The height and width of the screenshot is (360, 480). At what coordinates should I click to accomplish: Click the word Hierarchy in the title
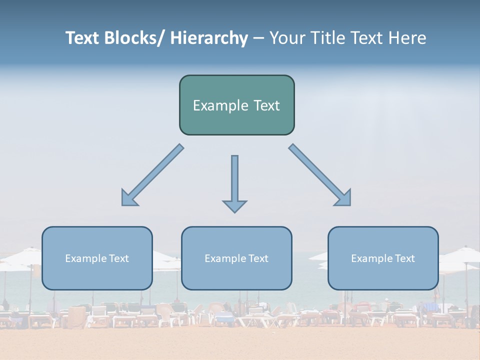pos(208,38)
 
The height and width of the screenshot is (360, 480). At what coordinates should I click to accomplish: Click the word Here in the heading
pos(407,38)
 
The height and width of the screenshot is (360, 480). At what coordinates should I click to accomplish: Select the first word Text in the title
pos(83,38)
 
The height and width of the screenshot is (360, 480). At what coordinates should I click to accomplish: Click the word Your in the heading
pos(287,38)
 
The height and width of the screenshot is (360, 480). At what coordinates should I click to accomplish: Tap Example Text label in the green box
pos(236,105)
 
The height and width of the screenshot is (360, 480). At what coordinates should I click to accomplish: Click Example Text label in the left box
pos(97,258)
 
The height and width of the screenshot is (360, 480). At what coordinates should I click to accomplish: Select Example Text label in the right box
pos(383,258)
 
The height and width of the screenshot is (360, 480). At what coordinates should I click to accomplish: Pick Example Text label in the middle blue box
pos(236,258)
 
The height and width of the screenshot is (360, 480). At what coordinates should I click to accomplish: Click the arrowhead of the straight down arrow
pos(234,206)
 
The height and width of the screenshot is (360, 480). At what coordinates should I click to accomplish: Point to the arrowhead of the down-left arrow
pos(128,198)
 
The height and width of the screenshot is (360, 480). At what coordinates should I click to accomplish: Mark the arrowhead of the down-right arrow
pos(344,198)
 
